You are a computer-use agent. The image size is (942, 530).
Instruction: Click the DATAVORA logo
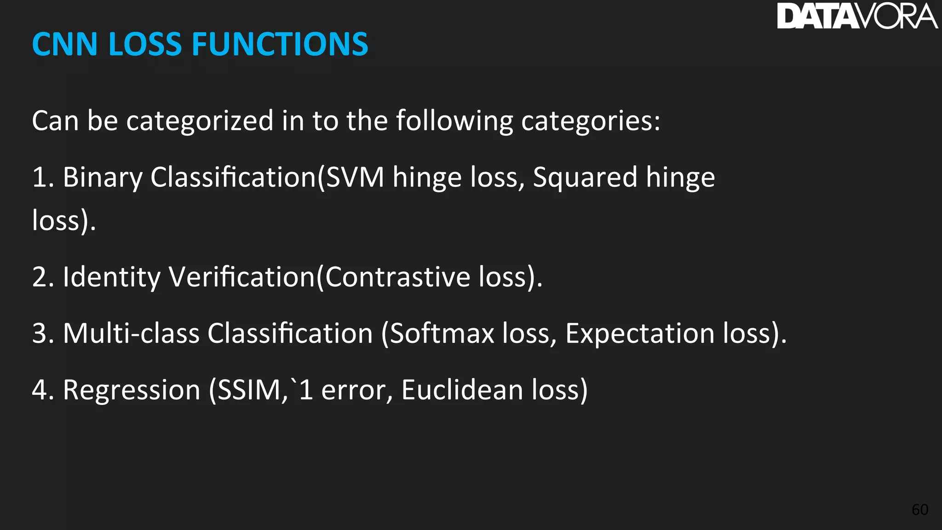(857, 16)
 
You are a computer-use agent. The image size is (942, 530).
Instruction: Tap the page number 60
(920, 510)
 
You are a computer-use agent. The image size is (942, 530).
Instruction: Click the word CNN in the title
(65, 45)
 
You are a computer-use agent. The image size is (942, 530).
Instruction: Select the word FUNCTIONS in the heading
(280, 45)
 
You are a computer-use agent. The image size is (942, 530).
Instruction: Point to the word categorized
(200, 121)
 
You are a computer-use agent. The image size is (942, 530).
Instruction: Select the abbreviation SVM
(355, 178)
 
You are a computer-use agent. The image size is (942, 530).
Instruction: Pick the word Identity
(112, 277)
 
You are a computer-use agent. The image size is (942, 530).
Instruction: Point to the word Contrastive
(398, 277)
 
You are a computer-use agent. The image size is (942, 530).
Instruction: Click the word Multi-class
(131, 333)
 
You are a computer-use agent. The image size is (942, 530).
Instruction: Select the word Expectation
(640, 333)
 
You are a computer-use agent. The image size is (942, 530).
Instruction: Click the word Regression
(132, 390)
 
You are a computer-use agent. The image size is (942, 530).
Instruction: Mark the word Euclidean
(462, 390)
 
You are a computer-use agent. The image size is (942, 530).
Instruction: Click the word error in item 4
(353, 390)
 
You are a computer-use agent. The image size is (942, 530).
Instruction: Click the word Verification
(242, 277)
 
